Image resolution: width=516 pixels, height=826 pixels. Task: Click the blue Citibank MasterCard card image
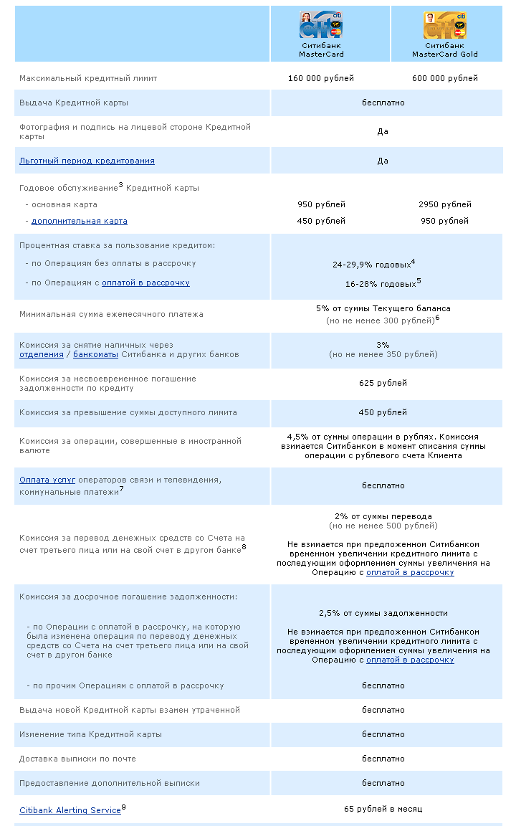point(321,25)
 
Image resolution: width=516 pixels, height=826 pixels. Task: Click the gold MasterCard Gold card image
point(445,25)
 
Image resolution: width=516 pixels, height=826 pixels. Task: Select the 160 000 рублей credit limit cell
point(321,78)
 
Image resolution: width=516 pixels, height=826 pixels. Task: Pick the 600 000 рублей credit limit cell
point(445,78)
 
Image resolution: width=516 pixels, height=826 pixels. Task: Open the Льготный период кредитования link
point(87,161)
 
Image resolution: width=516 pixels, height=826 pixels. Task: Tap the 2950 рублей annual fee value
point(445,204)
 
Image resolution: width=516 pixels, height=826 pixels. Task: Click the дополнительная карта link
point(79,221)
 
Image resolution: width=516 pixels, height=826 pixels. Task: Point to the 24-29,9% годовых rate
point(372,265)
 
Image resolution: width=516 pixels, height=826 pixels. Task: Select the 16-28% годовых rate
point(380,284)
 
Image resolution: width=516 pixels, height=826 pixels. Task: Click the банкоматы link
point(96,354)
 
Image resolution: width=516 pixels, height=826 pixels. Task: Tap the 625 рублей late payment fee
point(383,383)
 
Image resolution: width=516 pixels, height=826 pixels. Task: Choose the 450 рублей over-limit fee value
point(383,412)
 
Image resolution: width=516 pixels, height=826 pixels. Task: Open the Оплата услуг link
point(47,480)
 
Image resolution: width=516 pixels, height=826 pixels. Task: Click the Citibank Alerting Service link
point(70,810)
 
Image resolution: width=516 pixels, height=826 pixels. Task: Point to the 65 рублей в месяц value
point(383,809)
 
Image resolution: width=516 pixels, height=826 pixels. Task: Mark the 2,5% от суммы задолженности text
point(383,613)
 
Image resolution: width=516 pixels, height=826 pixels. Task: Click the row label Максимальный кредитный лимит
point(88,78)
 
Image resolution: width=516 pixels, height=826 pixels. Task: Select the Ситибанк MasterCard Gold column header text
point(445,49)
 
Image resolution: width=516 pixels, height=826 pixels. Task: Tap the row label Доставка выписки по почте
point(77,759)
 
